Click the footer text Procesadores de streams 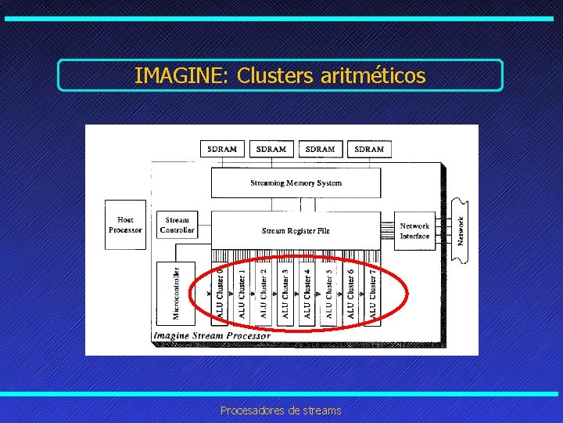(x=281, y=410)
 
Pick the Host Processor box (x=125, y=225)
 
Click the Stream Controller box (x=177, y=225)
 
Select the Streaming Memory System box (x=296, y=183)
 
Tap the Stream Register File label (x=296, y=230)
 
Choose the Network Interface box (x=414, y=230)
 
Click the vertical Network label (x=461, y=230)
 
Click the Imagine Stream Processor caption (x=212, y=336)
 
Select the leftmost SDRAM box (x=222, y=149)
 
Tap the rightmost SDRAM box (x=369, y=149)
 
